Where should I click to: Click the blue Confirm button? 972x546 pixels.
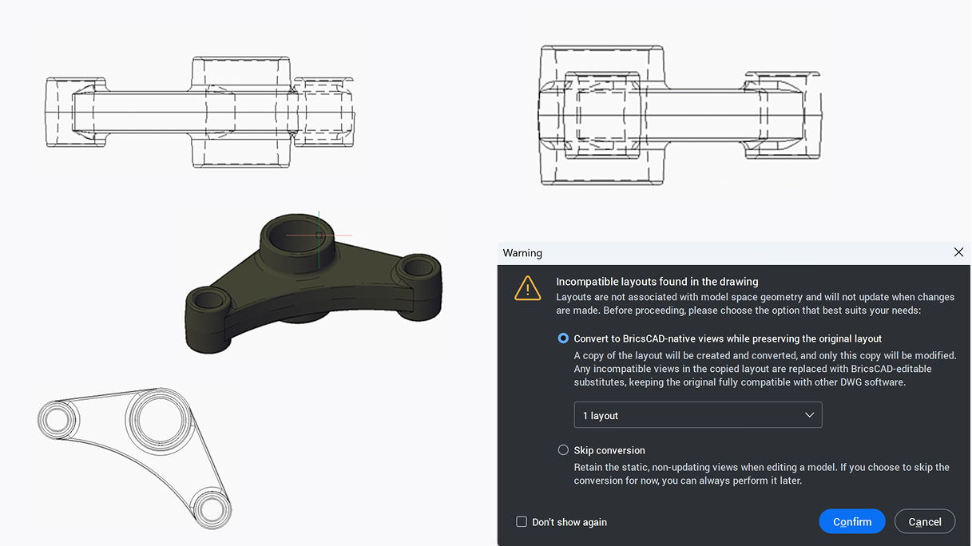(851, 521)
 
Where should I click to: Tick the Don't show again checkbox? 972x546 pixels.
(522, 522)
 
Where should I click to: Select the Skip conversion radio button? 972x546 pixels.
(563, 450)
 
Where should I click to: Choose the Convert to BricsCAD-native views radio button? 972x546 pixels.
(563, 338)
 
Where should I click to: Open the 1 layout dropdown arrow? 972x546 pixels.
(809, 415)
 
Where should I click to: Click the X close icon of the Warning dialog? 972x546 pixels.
(958, 252)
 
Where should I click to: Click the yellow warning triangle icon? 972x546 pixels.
(527, 288)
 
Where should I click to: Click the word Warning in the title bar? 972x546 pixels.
(522, 253)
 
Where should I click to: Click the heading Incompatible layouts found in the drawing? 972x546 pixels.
(657, 282)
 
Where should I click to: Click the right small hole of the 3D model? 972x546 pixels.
(418, 267)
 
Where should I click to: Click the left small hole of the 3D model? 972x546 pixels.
(207, 302)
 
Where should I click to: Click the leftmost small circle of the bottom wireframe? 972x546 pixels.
(57, 419)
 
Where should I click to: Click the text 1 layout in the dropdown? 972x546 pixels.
(601, 416)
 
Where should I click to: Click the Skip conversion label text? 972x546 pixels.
(609, 450)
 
